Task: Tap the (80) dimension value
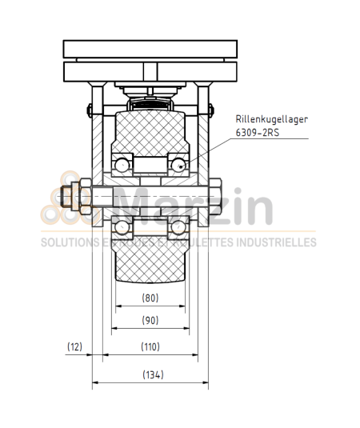pyautogui.click(x=150, y=298)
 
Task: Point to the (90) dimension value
pyautogui.click(x=150, y=321)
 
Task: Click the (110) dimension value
pyautogui.click(x=150, y=347)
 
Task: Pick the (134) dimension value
pyautogui.click(x=150, y=374)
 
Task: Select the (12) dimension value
pyautogui.click(x=74, y=347)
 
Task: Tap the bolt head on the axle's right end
pyautogui.click(x=214, y=197)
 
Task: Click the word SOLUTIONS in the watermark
pyautogui.click(x=66, y=242)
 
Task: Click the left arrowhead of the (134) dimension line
pyautogui.click(x=95, y=384)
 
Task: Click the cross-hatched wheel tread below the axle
pyautogui.click(x=150, y=264)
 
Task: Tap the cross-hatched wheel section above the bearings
pyautogui.click(x=150, y=132)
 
